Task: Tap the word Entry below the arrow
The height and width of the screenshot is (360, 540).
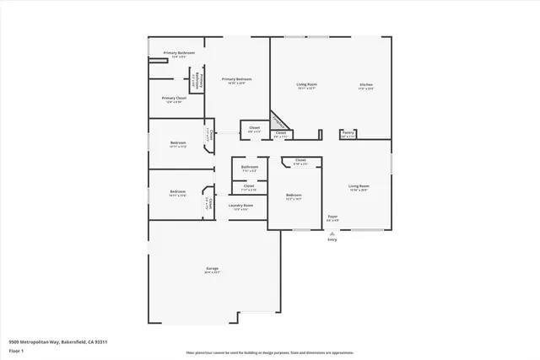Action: tap(332, 239)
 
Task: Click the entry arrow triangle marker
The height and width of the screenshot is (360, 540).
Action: tap(332, 233)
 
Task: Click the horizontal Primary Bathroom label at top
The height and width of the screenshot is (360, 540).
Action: tap(180, 53)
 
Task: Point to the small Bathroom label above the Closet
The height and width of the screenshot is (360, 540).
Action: tap(250, 167)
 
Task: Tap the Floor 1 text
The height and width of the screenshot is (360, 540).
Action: tap(17, 351)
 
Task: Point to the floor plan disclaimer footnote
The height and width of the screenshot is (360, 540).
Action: tap(269, 353)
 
